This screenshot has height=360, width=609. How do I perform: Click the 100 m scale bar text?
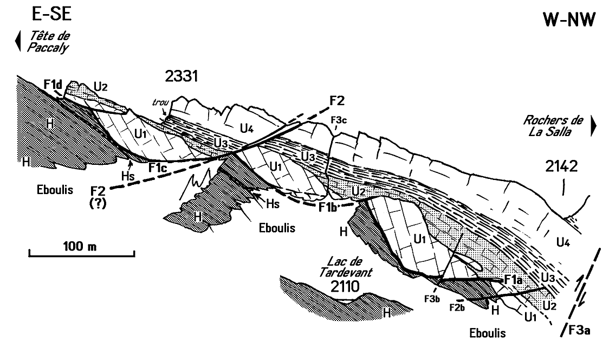pos(80,247)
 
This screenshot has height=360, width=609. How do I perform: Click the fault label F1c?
pos(161,168)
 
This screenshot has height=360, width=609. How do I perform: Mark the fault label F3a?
pos(576,329)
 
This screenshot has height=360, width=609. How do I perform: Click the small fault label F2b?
pos(457,307)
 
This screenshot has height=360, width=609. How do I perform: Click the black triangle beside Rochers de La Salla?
pos(594,126)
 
